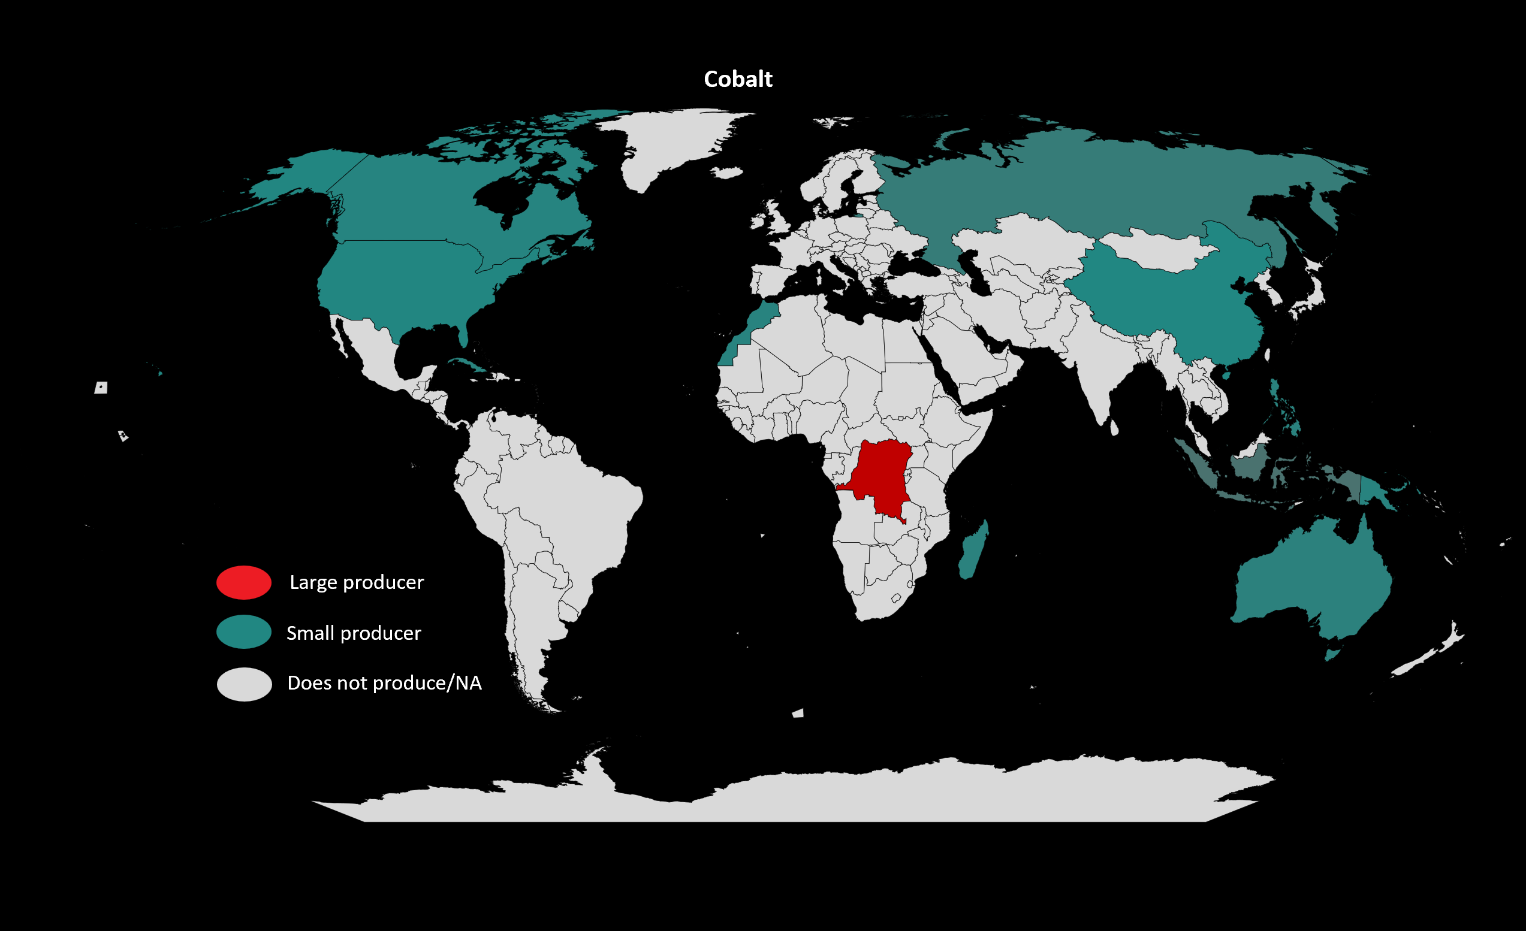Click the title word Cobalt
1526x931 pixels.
(x=738, y=79)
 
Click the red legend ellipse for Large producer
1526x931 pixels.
(x=243, y=582)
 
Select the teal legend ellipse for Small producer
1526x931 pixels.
(x=243, y=632)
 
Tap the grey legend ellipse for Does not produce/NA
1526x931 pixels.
(x=244, y=684)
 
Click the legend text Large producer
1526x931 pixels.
(x=357, y=582)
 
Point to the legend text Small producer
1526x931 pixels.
(x=354, y=633)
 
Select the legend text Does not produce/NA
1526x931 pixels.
(x=384, y=683)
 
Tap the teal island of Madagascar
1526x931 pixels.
(x=972, y=551)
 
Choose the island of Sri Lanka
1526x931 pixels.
(x=1114, y=428)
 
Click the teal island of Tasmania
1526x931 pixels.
(x=1332, y=654)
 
